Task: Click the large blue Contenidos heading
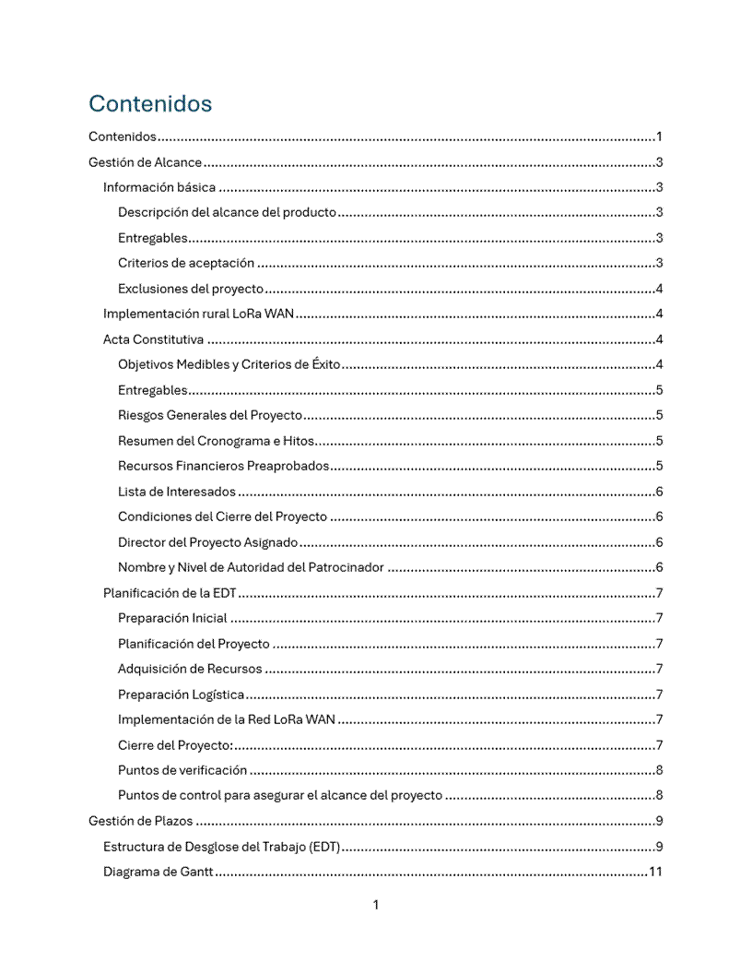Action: click(x=150, y=103)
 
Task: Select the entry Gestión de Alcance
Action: click(x=145, y=163)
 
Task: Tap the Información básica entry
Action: click(x=159, y=188)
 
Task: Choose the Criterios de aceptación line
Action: click(x=186, y=264)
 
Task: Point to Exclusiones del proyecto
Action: click(x=191, y=289)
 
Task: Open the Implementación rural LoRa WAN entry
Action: click(x=198, y=314)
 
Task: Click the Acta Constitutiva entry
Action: click(x=153, y=339)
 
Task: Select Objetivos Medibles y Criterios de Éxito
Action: click(x=229, y=364)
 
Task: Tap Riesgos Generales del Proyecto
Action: click(x=210, y=415)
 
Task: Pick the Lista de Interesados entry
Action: click(x=177, y=492)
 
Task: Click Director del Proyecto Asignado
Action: click(x=208, y=542)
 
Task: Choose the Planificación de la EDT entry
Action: click(x=170, y=593)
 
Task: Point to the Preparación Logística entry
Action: click(x=182, y=695)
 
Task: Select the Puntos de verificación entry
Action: click(x=182, y=770)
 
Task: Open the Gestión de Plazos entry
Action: click(x=140, y=821)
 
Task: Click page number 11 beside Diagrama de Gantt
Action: click(x=655, y=872)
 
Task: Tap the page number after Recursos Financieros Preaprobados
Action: click(x=659, y=466)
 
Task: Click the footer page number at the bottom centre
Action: click(x=376, y=905)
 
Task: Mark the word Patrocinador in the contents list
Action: click(x=345, y=567)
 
